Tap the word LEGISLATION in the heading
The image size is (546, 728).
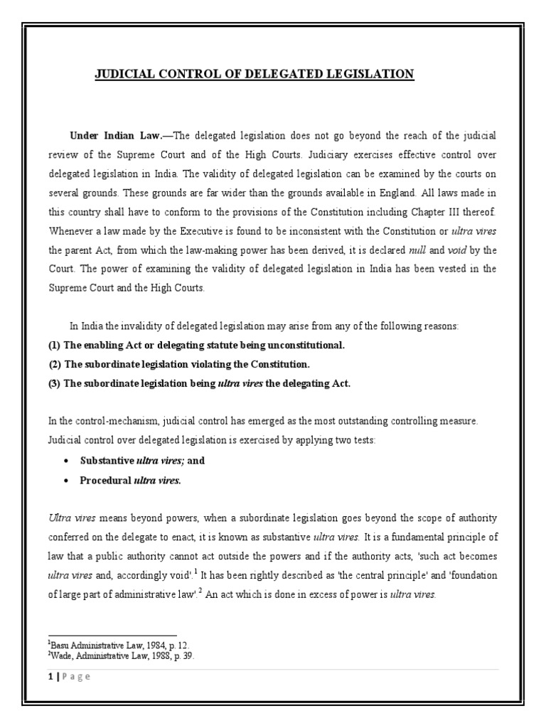click(368, 74)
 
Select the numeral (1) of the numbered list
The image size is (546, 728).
click(54, 346)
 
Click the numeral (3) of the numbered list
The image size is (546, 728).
click(54, 383)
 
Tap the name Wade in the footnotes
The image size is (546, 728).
click(63, 656)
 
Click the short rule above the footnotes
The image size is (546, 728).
click(112, 636)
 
